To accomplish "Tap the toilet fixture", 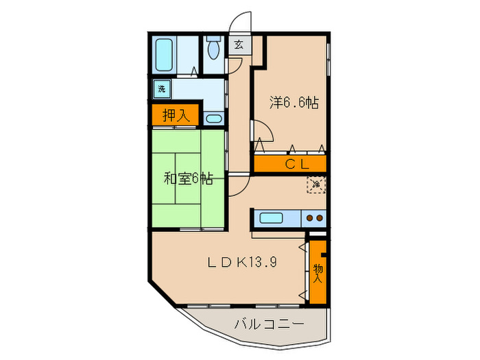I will click(x=213, y=49).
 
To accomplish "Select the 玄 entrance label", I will click(x=239, y=46).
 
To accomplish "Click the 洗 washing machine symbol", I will click(x=162, y=88).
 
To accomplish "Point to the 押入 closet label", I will click(x=175, y=115).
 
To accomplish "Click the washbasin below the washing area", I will click(x=214, y=119).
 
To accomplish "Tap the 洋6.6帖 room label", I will click(x=293, y=103).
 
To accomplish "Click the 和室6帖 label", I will click(x=187, y=179).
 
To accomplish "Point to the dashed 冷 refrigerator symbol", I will click(x=316, y=184).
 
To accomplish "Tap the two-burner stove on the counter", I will click(x=314, y=219).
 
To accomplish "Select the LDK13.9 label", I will click(x=242, y=262).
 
